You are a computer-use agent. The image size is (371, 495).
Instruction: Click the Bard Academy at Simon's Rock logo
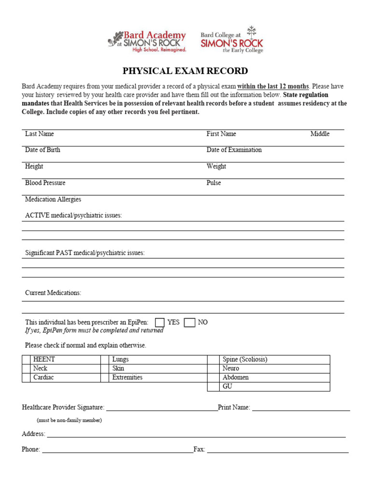click(147, 41)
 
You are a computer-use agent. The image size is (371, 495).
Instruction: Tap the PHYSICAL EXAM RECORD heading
click(185, 71)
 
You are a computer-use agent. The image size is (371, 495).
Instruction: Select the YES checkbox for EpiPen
click(159, 322)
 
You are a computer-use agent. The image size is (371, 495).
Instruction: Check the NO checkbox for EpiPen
click(189, 322)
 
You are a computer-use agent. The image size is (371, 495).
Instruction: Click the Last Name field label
click(40, 134)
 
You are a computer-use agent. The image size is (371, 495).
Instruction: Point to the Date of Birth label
click(43, 150)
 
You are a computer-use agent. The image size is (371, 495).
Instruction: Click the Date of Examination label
click(234, 150)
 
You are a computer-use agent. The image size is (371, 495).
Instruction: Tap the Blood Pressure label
click(45, 183)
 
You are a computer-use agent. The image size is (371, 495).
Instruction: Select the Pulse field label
click(214, 183)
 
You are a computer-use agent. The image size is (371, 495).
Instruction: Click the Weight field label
click(216, 166)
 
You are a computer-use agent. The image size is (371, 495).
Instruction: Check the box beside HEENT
click(26, 360)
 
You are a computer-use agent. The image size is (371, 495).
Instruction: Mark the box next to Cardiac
click(26, 378)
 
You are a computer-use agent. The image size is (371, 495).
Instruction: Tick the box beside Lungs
click(104, 360)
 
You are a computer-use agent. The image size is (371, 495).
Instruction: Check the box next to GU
click(213, 387)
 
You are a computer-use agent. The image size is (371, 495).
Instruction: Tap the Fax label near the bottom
click(199, 450)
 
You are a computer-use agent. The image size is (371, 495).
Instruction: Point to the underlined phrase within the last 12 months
click(273, 87)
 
